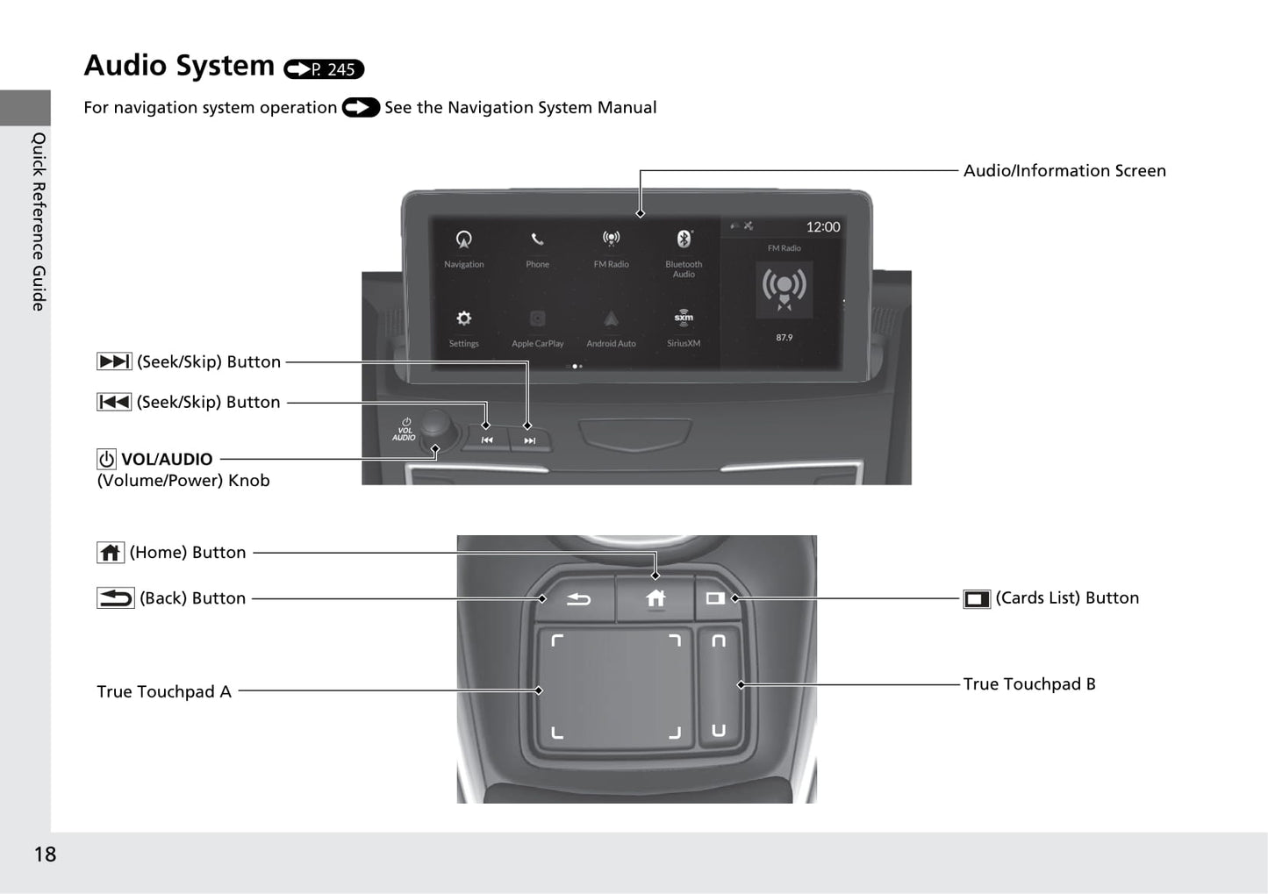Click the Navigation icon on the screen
(463, 240)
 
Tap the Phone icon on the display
(537, 240)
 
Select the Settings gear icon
(463, 318)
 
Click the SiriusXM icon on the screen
(684, 318)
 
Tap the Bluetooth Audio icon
(684, 240)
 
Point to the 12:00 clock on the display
(822, 227)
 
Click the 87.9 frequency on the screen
(784, 338)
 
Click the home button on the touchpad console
(655, 598)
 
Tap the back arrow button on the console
(578, 599)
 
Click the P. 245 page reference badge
(324, 69)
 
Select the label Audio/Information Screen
(1064, 171)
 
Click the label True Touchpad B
(1029, 684)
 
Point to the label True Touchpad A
(164, 692)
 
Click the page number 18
(45, 855)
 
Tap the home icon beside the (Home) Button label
(110, 553)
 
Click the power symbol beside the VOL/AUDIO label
(106, 459)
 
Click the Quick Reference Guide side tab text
(39, 221)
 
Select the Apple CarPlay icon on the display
(537, 318)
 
